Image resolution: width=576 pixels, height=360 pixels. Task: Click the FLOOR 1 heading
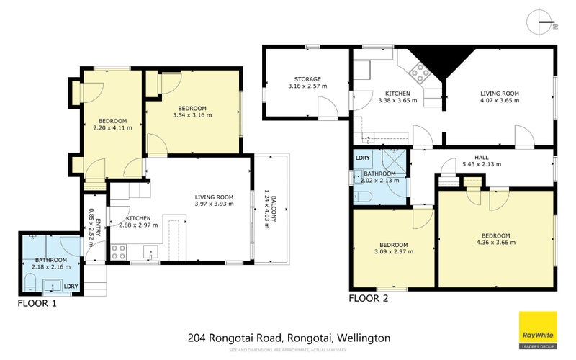(37, 304)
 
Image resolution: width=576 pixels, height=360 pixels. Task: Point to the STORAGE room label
(307, 79)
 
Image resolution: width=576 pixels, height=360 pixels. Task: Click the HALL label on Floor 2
(482, 156)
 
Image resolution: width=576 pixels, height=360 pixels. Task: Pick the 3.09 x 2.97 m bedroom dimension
(392, 253)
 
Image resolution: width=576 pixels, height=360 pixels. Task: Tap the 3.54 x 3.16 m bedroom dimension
(192, 114)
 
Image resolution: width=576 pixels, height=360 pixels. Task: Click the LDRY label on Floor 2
(363, 157)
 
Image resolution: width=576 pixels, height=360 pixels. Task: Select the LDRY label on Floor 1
(71, 287)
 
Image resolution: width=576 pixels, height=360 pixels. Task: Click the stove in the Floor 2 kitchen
(419, 71)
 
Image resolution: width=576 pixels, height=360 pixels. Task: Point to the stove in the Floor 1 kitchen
(119, 253)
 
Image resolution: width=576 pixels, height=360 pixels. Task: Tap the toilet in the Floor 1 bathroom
(31, 280)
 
